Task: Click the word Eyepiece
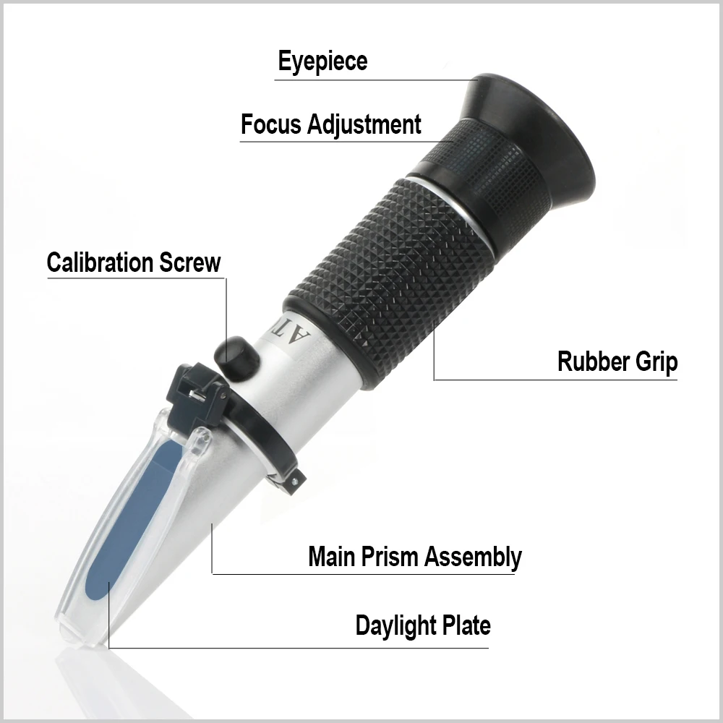pos(322,61)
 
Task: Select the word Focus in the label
pos(270,124)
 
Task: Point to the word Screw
pos(192,262)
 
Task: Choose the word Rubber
pos(591,361)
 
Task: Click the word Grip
pos(656,362)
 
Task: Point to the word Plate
pos(466,625)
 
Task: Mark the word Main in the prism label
pos(332,557)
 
